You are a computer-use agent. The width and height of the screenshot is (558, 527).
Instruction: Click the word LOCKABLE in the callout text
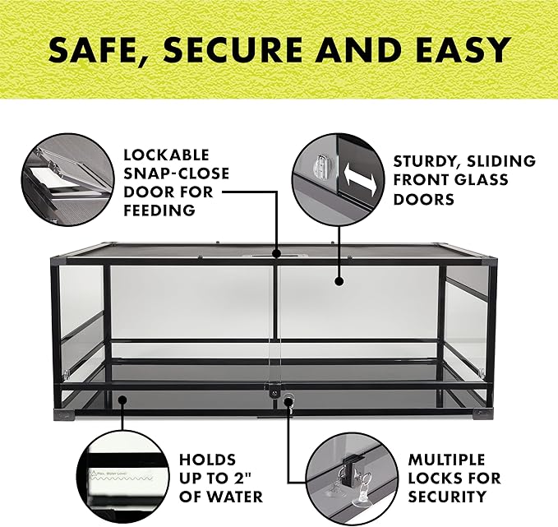(x=166, y=155)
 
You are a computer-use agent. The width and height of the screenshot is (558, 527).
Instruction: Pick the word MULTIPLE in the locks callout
(x=448, y=460)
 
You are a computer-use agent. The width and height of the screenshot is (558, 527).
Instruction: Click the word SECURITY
(x=447, y=497)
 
